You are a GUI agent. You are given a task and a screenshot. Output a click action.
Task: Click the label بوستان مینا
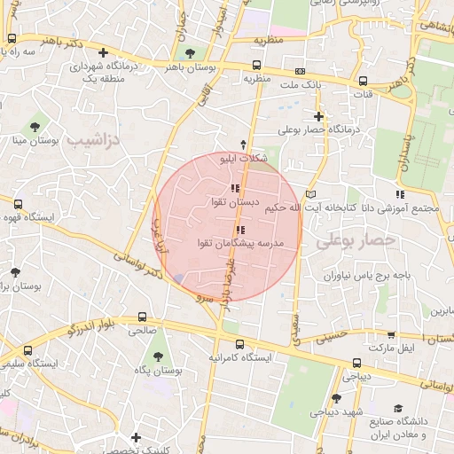click(x=36, y=140)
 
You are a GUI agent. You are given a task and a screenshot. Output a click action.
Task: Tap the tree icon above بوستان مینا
click(x=35, y=126)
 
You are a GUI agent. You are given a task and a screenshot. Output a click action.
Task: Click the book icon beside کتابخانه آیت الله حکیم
click(x=309, y=194)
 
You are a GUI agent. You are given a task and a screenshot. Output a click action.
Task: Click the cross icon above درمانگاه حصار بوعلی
click(x=318, y=116)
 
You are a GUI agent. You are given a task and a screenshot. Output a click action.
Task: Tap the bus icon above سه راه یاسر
click(x=12, y=39)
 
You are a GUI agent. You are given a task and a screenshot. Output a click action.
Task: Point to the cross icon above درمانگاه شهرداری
click(x=105, y=52)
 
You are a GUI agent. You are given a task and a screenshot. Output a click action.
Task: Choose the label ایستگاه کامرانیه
click(x=239, y=358)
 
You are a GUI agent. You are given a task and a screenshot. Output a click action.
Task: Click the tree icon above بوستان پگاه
click(x=158, y=356)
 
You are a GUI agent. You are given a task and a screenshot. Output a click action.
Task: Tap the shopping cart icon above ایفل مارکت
click(x=391, y=334)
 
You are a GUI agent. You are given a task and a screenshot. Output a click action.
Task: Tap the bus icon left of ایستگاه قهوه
click(x=18, y=205)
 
